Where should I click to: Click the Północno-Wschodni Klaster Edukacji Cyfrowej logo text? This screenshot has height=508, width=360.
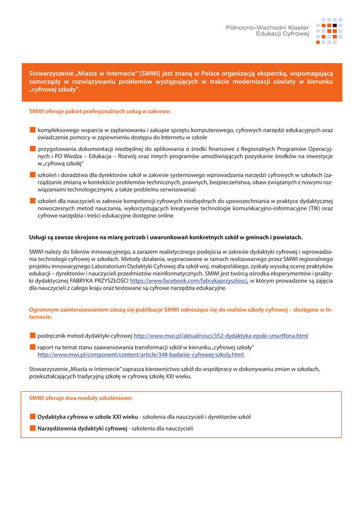(267, 30)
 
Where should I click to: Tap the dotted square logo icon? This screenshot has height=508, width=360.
(329, 31)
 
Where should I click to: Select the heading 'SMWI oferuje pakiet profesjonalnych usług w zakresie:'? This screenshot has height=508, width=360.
(100, 112)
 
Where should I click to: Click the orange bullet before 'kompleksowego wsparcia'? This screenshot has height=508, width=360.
(33, 130)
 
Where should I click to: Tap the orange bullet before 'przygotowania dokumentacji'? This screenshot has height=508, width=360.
(33, 148)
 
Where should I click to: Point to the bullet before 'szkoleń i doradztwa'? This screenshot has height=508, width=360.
(33, 175)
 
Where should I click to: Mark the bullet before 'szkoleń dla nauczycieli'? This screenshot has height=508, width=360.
(33, 200)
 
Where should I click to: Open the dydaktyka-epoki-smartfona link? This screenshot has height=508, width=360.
(221, 336)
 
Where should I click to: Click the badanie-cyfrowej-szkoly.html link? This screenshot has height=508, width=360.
(141, 355)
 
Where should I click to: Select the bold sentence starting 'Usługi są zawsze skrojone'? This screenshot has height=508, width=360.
(166, 237)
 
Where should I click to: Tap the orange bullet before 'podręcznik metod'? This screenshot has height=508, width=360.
(33, 335)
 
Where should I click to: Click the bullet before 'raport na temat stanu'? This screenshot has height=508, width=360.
(33, 347)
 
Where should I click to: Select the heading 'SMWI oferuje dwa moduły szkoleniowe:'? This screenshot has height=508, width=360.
(81, 398)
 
